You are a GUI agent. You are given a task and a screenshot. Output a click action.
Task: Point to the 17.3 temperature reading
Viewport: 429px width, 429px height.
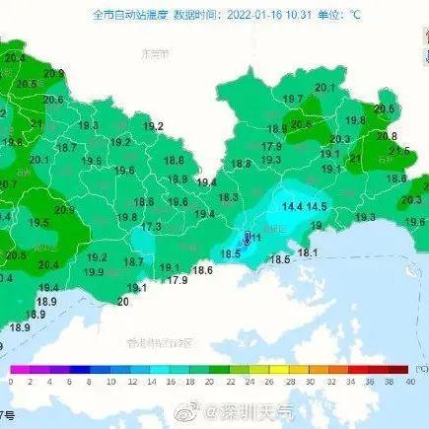coord(151,227)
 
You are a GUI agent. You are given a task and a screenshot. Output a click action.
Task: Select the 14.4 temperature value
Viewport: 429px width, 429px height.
coord(293,206)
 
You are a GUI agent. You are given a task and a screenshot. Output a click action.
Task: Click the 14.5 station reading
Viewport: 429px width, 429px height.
coord(317,206)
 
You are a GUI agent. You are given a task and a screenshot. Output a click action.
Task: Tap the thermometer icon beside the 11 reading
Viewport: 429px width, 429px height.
coord(247,238)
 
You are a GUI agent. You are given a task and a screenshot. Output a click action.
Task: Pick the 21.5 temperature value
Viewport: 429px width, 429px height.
coord(398,150)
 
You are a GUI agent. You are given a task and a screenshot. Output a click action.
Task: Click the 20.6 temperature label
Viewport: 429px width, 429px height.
coord(53,100)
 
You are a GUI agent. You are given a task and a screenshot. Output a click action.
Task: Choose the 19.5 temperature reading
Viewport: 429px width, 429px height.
coord(40,224)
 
